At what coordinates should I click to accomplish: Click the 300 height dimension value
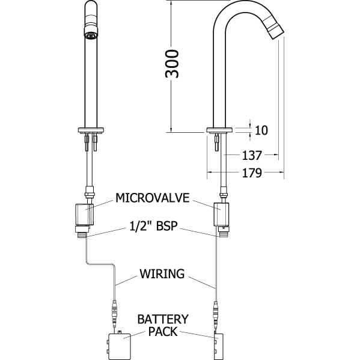[172, 64]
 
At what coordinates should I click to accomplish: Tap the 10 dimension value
[261, 130]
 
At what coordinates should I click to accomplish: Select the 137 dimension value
[252, 155]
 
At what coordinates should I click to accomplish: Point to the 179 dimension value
[252, 172]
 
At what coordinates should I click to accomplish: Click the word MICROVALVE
[153, 198]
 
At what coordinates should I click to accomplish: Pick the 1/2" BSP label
[154, 226]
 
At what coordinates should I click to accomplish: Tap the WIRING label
[162, 273]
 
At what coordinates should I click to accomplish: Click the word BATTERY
[163, 319]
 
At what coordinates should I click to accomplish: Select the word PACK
[163, 331]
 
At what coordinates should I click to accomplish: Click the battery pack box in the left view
[119, 345]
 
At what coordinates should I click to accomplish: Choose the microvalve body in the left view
[84, 215]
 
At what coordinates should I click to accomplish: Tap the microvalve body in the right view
[221, 215]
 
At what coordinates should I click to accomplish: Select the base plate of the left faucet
[91, 130]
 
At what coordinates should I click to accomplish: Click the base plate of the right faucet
[220, 130]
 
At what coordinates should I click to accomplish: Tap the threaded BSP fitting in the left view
[82, 234]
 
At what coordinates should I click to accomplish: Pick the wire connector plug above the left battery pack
[114, 313]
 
